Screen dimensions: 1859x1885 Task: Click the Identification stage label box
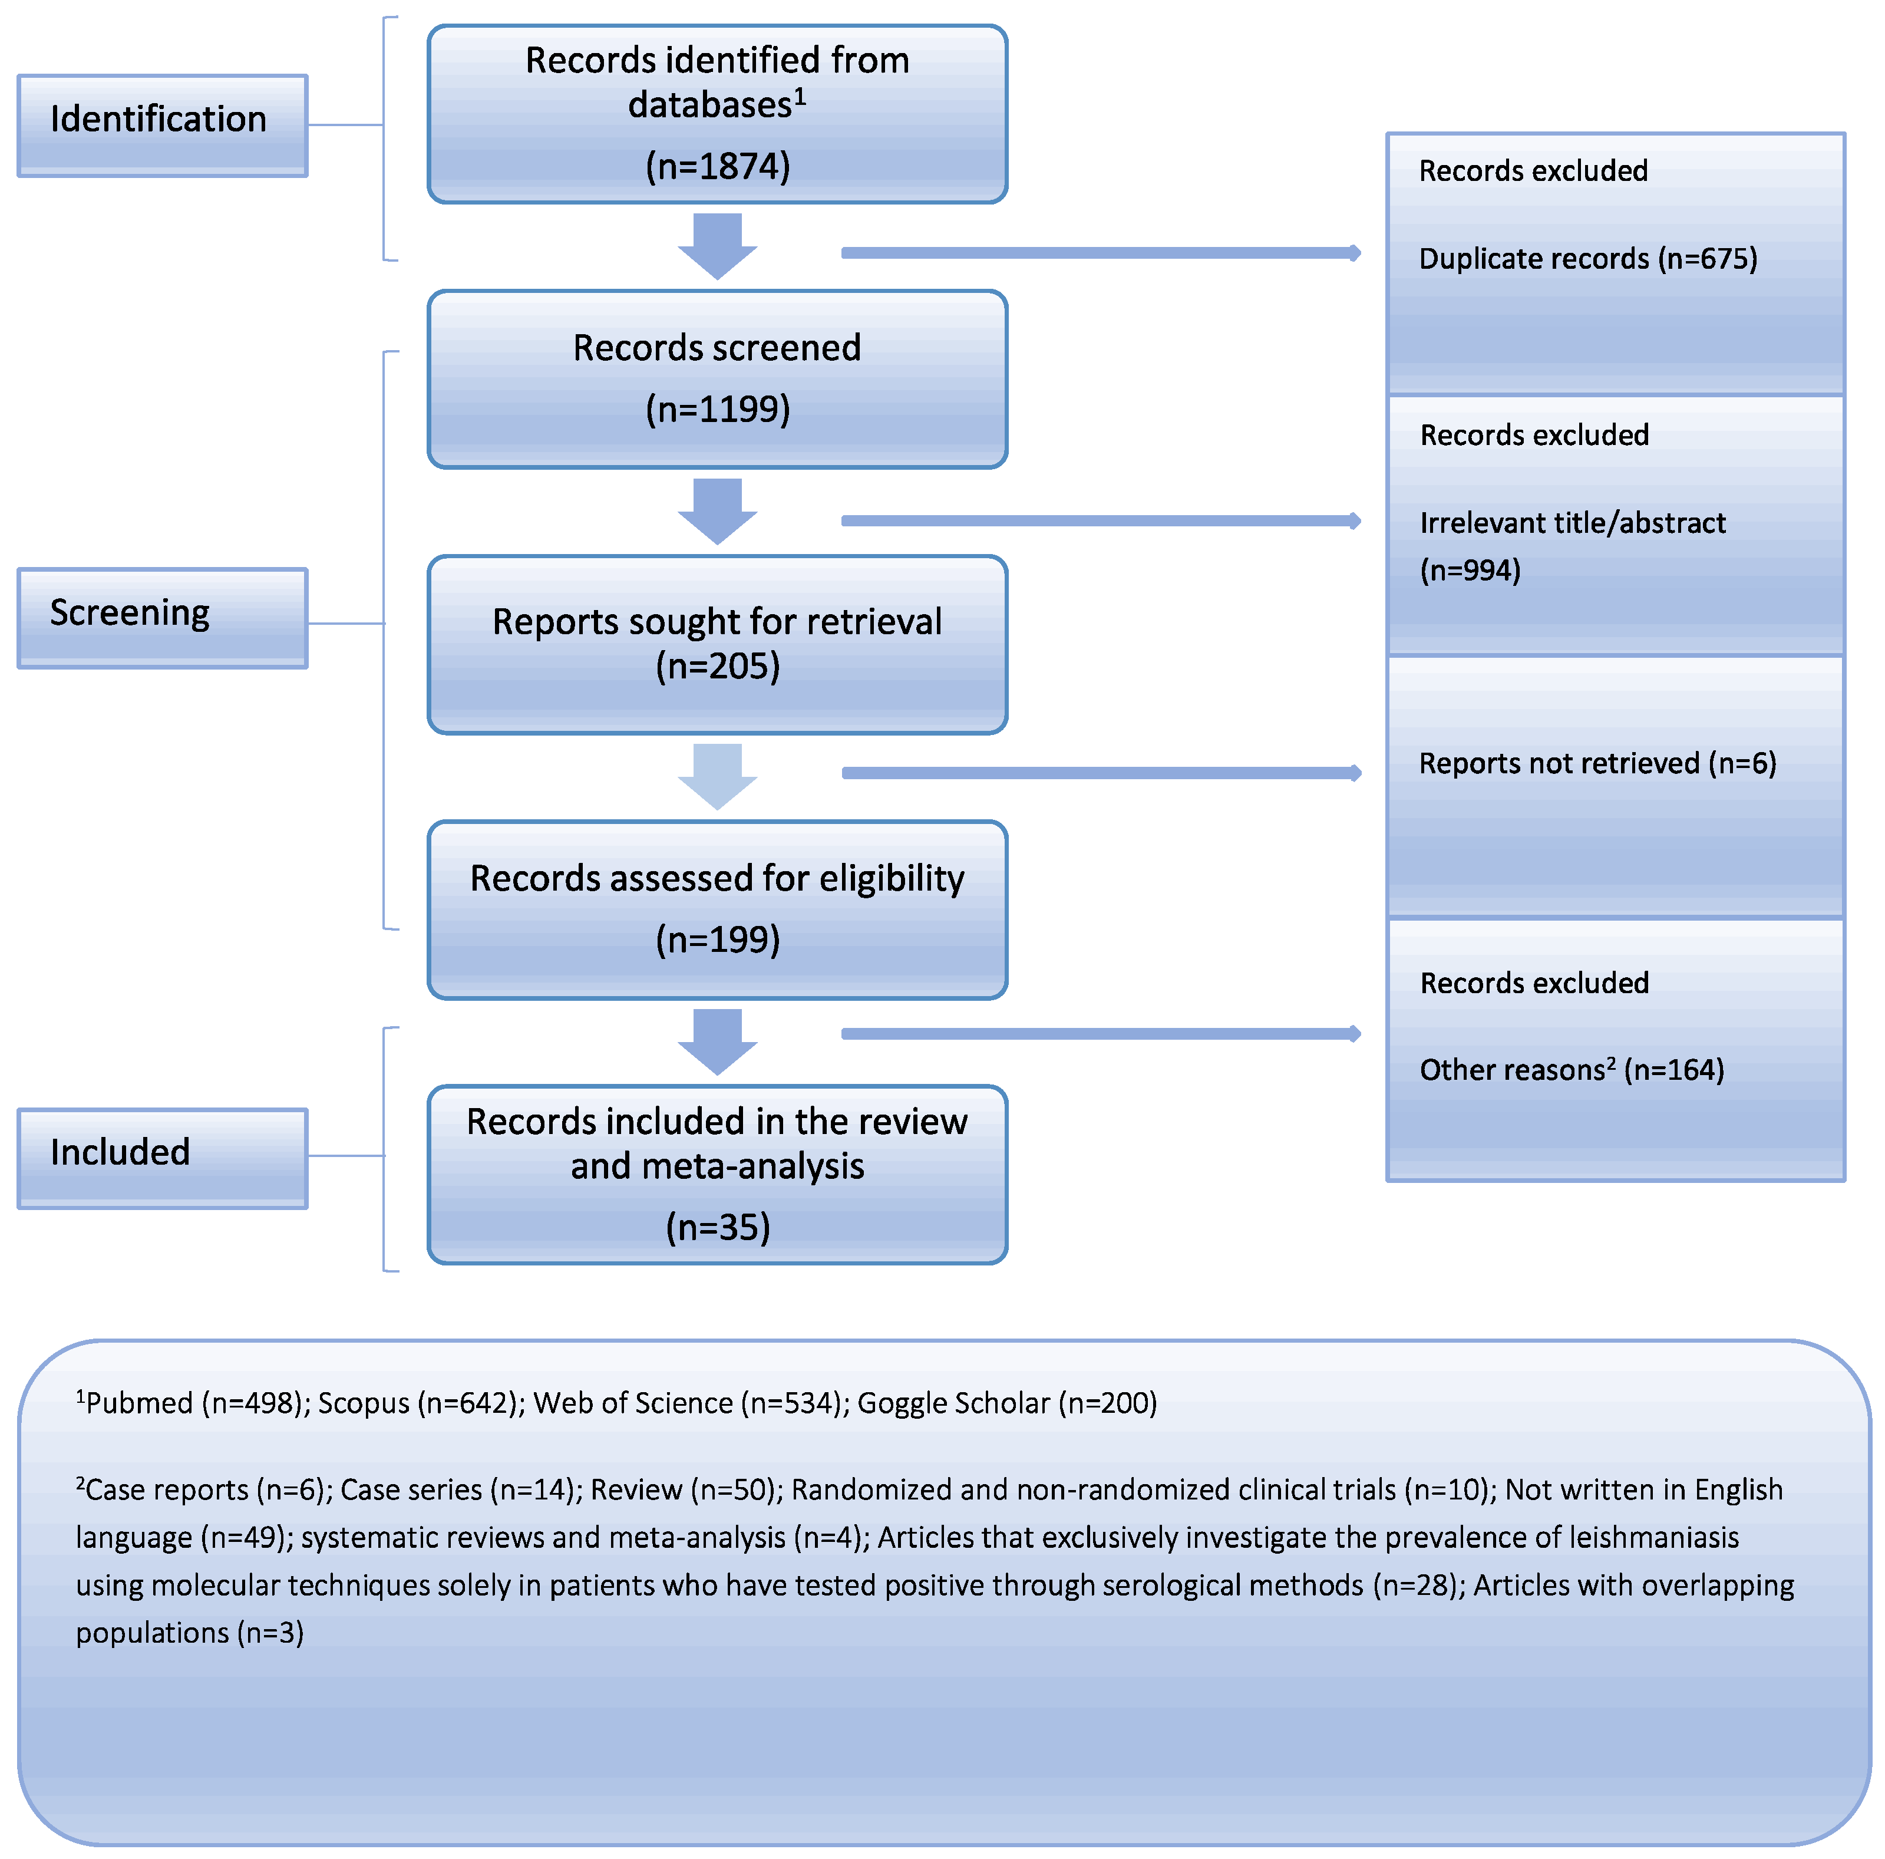162,125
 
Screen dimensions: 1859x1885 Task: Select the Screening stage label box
162,618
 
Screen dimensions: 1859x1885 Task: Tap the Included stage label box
162,1158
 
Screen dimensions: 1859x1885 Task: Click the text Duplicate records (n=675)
1587,259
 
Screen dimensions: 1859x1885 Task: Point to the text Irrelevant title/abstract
1572,523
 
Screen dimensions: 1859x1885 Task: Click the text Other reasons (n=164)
1571,1070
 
